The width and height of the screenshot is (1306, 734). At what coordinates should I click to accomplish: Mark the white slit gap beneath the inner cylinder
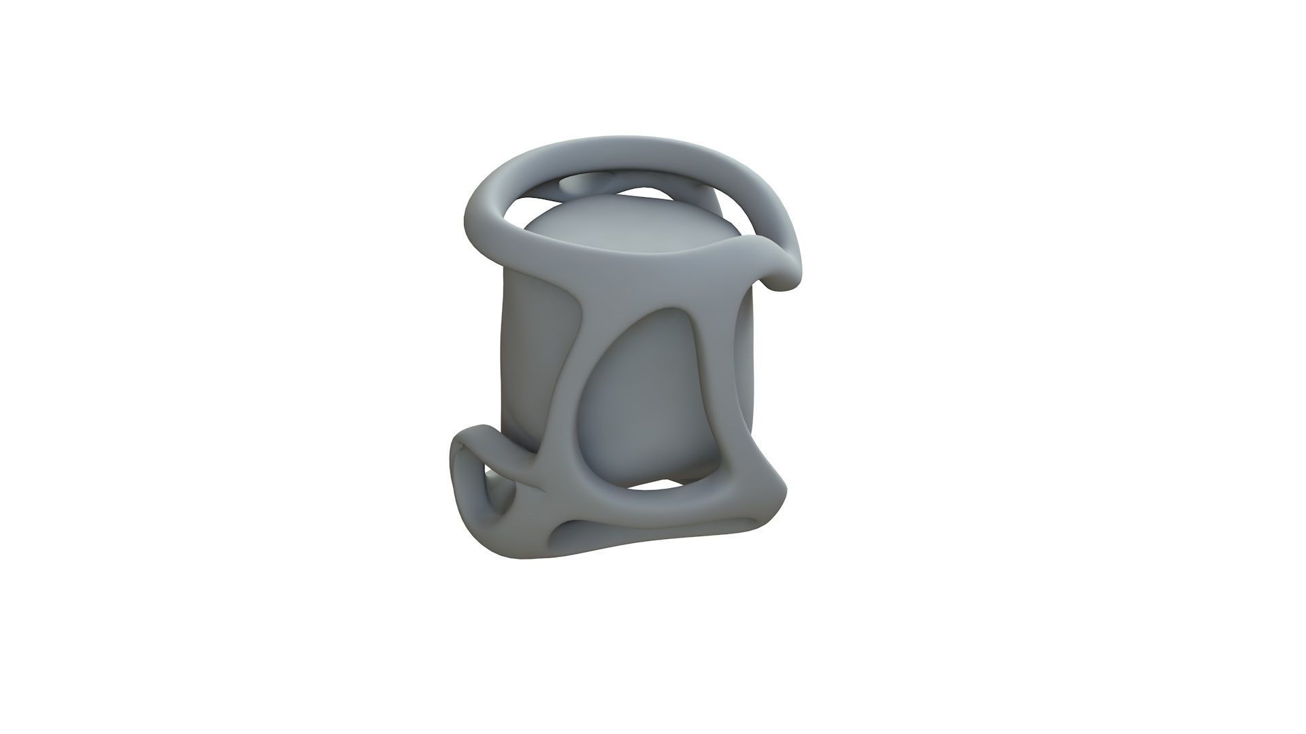pyautogui.click(x=656, y=486)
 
